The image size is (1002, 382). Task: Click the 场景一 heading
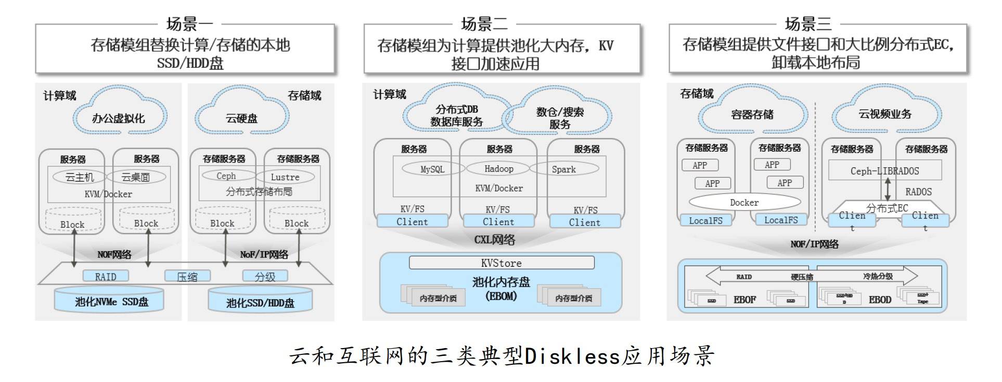(189, 23)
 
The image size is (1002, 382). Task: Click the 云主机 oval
(79, 177)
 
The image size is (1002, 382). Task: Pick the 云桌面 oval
(136, 177)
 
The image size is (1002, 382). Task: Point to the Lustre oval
(285, 177)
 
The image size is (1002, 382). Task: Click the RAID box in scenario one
(106, 277)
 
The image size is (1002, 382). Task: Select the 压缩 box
(187, 277)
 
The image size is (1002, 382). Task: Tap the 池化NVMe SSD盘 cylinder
(109, 301)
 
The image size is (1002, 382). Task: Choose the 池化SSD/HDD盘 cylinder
(260, 303)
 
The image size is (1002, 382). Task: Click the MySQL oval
(432, 169)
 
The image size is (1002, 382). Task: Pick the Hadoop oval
(498, 168)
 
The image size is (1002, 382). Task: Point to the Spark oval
(564, 169)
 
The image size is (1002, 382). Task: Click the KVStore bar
(501, 263)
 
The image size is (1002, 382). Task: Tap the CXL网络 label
(494, 240)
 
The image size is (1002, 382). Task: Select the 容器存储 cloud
(752, 115)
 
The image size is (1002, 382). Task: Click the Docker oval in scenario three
(744, 202)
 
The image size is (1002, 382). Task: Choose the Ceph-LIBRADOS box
(884, 170)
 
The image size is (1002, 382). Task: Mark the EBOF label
(744, 300)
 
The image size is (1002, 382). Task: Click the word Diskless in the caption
(572, 356)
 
